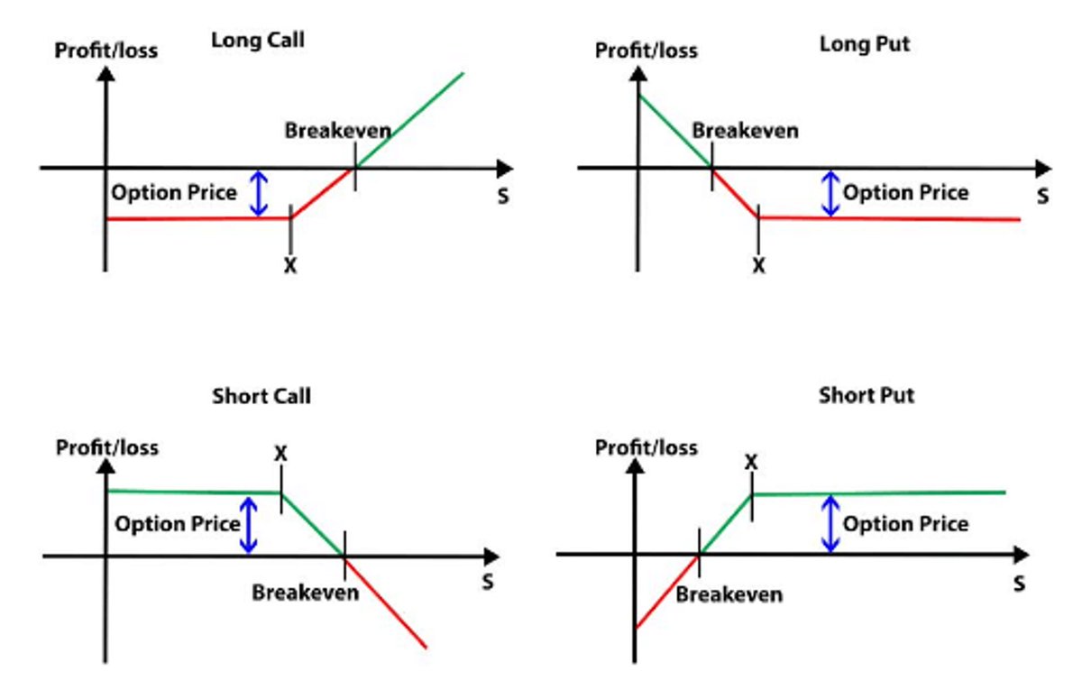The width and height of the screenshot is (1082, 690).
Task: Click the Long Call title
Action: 257,41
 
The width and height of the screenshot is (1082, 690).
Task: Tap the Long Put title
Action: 865,43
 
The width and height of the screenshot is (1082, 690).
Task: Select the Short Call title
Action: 261,396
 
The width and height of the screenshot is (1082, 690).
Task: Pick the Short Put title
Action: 866,395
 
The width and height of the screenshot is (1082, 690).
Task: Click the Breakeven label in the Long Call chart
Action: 338,130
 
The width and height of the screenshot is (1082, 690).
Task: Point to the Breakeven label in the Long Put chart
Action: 745,131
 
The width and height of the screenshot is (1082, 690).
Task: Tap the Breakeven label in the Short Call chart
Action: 305,593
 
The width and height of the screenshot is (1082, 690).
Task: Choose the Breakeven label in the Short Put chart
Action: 729,594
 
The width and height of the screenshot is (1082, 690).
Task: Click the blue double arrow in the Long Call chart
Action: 259,194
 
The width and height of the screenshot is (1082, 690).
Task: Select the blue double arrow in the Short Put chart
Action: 830,523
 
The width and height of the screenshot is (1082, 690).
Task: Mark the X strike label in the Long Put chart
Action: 758,266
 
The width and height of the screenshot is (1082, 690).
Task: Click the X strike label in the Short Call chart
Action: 280,453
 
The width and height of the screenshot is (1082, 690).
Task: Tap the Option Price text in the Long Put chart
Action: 905,192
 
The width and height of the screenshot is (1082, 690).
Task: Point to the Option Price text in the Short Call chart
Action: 178,524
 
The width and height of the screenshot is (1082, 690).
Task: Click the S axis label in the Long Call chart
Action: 502,197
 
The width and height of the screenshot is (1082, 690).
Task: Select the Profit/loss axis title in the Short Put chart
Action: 646,447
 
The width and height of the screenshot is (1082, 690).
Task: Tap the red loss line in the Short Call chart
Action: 386,603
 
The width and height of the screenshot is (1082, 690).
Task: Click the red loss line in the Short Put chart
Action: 667,592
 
